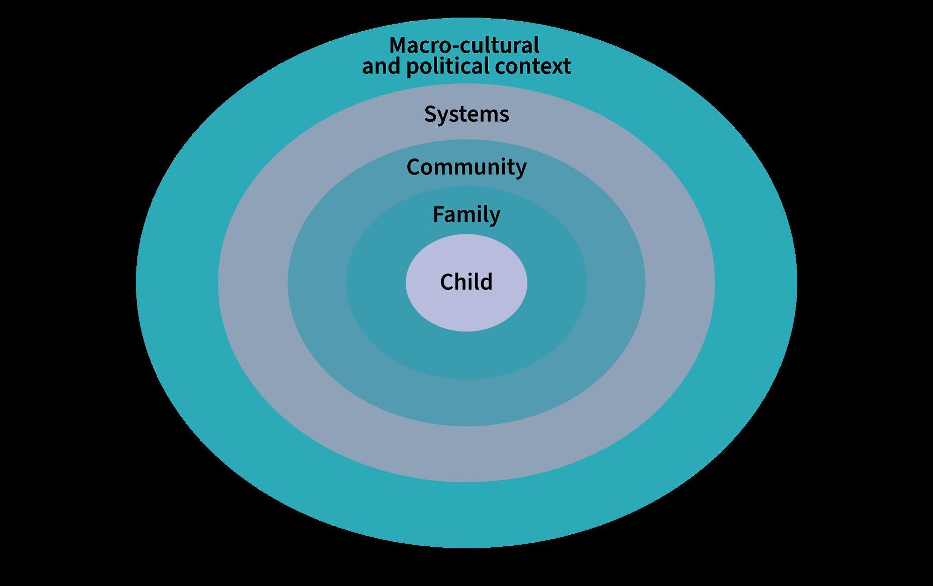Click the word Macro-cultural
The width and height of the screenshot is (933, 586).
464,45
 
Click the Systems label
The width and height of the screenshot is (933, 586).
466,114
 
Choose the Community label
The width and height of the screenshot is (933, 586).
466,167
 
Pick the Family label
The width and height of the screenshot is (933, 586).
466,215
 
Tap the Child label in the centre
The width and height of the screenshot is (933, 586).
466,282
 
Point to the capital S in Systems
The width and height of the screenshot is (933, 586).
430,114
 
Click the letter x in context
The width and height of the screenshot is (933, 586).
556,67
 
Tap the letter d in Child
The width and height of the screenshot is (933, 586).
487,282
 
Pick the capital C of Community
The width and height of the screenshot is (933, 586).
413,167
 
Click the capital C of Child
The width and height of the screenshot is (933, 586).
446,282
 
